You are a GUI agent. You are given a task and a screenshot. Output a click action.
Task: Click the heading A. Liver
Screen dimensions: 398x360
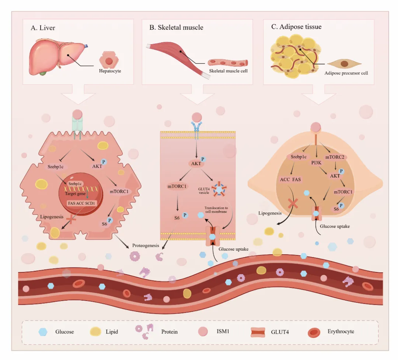tap(43, 28)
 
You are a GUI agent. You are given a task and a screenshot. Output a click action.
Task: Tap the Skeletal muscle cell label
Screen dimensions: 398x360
tap(228, 71)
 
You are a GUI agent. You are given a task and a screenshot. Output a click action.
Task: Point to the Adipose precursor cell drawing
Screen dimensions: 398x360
tap(344, 63)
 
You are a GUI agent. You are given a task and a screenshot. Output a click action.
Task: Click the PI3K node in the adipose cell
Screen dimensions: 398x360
tap(316, 163)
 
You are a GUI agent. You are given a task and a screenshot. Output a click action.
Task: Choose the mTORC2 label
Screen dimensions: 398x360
tap(335, 157)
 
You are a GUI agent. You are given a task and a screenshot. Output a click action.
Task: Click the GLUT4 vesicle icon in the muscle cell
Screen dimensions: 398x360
tap(219, 189)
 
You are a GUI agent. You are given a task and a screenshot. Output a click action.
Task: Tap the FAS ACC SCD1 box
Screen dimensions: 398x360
tap(81, 203)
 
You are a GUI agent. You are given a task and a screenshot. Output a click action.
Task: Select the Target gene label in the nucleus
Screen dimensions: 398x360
tap(75, 194)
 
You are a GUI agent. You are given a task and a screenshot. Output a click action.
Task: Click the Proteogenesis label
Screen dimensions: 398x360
tap(146, 245)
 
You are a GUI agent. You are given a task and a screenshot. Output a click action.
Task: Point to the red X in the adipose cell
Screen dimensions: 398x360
tap(292, 204)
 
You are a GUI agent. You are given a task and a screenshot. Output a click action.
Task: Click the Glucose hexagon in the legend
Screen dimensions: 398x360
tap(43, 332)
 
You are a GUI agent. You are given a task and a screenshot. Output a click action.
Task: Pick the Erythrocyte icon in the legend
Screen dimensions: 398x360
tap(314, 333)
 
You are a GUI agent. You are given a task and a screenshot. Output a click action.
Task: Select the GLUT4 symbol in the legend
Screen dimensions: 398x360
tap(258, 332)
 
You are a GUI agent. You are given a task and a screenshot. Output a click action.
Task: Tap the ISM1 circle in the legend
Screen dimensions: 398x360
tap(203, 331)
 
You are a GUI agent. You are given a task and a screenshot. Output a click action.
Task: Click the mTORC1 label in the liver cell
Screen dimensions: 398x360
tap(119, 192)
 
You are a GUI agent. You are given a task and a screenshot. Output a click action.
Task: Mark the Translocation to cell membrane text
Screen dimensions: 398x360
tap(216, 210)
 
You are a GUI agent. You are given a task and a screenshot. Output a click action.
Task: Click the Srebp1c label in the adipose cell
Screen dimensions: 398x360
tap(298, 157)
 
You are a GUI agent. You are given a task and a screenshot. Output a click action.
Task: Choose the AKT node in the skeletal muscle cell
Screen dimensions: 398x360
tap(196, 164)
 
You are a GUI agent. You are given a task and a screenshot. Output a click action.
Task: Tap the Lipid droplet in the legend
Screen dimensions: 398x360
tap(95, 332)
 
